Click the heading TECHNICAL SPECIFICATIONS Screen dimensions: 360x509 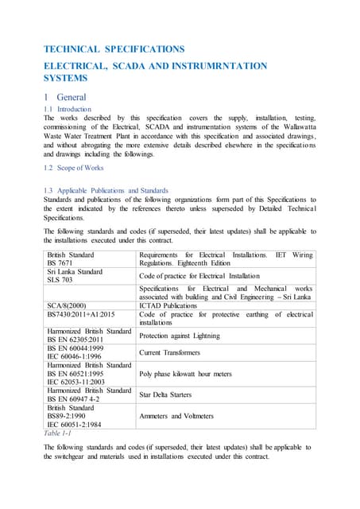click(x=114, y=49)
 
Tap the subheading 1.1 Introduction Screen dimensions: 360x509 click(x=68, y=109)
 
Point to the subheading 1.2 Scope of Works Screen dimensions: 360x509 click(x=74, y=169)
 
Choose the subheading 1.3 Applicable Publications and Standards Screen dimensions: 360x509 click(x=106, y=191)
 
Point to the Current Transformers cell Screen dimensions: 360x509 click(x=169, y=352)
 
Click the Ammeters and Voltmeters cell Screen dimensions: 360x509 click(x=177, y=416)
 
